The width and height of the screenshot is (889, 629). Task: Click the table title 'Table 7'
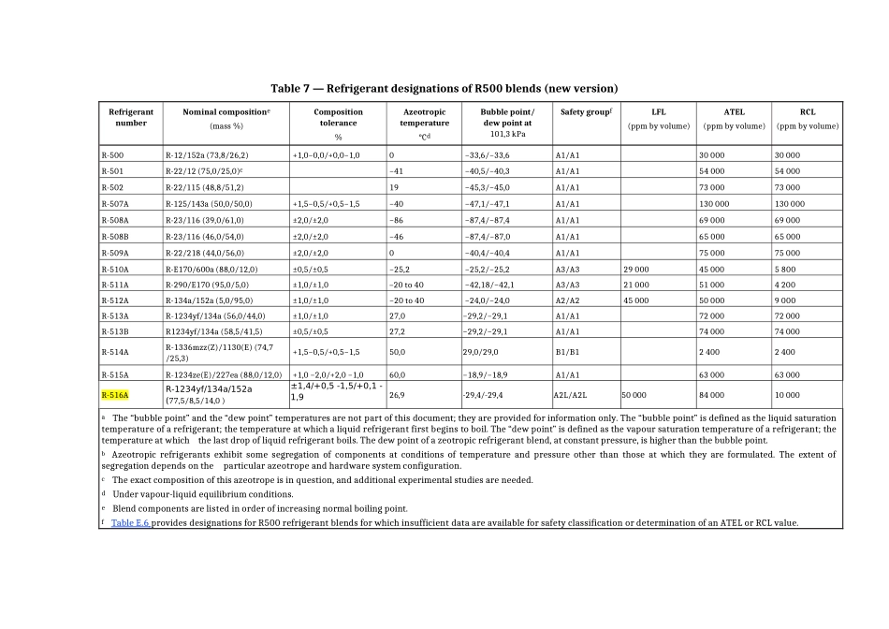444,88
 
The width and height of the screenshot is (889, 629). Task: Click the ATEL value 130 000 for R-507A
714,203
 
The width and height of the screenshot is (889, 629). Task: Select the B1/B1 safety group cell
567,352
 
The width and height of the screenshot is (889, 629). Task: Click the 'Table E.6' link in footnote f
130,522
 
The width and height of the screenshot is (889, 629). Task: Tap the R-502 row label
113,187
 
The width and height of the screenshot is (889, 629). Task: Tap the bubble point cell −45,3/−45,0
487,187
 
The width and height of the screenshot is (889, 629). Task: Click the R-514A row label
115,352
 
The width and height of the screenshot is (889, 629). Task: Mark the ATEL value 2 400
710,352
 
